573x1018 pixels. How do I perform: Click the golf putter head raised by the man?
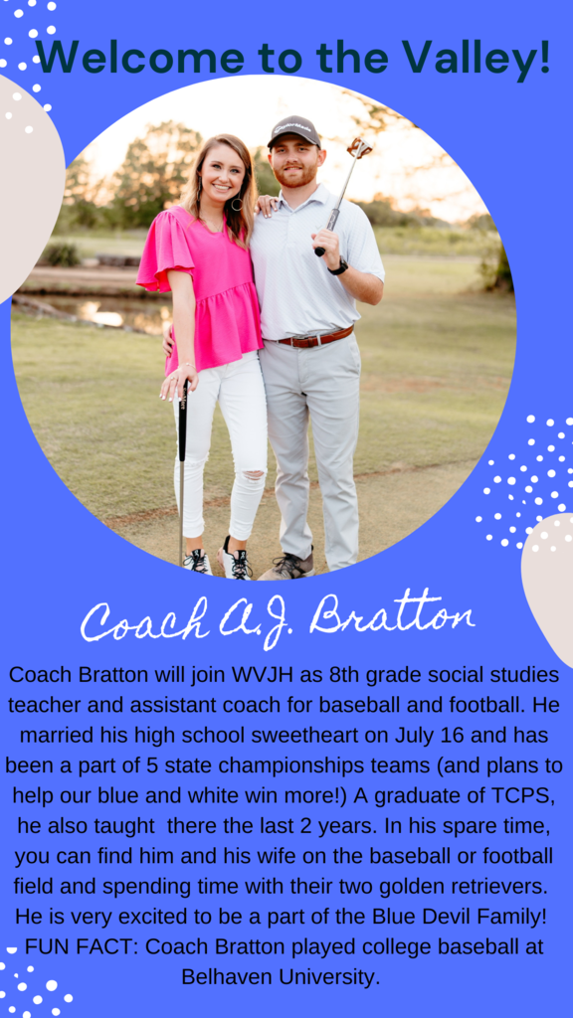359,147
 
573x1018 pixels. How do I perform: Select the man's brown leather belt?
316,337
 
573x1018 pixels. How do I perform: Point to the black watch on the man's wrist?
338,265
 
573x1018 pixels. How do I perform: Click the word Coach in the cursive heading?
144,620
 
